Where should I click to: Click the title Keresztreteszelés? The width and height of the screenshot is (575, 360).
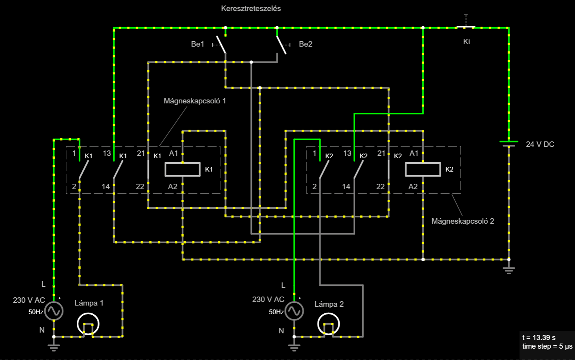pos(251,9)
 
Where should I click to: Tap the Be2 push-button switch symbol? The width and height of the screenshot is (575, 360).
pos(282,45)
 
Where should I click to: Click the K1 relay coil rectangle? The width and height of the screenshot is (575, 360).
pos(183,169)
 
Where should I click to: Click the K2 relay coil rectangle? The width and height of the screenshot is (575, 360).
pos(423,169)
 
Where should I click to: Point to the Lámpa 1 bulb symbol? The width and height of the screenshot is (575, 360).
pos(88,324)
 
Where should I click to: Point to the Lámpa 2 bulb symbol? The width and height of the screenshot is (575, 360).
pos(329,324)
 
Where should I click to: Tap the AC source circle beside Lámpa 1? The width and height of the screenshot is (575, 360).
pos(54,311)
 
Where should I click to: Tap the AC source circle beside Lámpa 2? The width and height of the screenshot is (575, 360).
pos(294,311)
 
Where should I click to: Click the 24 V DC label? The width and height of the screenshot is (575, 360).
pos(540,144)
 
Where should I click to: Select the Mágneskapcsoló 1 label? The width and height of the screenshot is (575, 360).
pos(195,101)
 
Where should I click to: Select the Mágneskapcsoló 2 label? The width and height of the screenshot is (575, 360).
pos(463,221)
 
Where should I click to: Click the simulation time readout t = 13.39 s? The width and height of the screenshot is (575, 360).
pos(539,337)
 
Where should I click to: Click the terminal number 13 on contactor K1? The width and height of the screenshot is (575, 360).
pos(107,153)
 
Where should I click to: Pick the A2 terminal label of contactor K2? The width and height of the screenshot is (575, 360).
pos(413,186)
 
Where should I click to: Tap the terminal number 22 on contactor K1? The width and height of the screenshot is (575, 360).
pos(140,186)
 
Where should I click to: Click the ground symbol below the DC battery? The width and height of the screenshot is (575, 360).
pos(509,270)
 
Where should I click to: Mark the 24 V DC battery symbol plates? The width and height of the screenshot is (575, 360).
pos(509,143)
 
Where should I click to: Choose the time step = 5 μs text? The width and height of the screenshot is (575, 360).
pos(547,346)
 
